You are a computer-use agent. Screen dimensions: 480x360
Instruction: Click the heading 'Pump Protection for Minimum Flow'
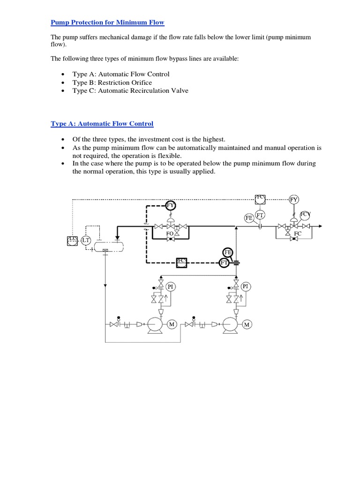[x=107, y=22]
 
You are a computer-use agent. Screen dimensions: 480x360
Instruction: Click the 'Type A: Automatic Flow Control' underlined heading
[x=102, y=124]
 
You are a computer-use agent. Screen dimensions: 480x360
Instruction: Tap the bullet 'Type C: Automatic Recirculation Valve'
[x=130, y=90]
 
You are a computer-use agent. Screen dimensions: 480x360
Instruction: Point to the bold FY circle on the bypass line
[x=171, y=205]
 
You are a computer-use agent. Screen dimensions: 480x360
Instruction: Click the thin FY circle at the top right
[x=294, y=200]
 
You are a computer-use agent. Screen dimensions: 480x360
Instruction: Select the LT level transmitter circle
[x=86, y=241]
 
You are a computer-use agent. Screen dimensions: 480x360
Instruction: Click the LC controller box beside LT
[x=72, y=240]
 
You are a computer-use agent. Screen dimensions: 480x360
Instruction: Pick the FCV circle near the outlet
[x=305, y=215]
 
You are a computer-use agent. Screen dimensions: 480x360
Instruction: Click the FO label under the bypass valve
[x=170, y=233]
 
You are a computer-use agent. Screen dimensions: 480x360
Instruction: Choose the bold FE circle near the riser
[x=228, y=252]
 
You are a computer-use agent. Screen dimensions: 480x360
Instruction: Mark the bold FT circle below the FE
[x=225, y=263]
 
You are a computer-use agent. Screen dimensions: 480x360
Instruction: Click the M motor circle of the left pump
[x=172, y=325]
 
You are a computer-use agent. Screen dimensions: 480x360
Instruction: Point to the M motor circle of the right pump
[x=246, y=325]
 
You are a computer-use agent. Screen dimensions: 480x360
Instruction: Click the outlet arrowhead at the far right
[x=320, y=226]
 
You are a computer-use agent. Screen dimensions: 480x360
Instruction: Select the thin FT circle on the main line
[x=260, y=215]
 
